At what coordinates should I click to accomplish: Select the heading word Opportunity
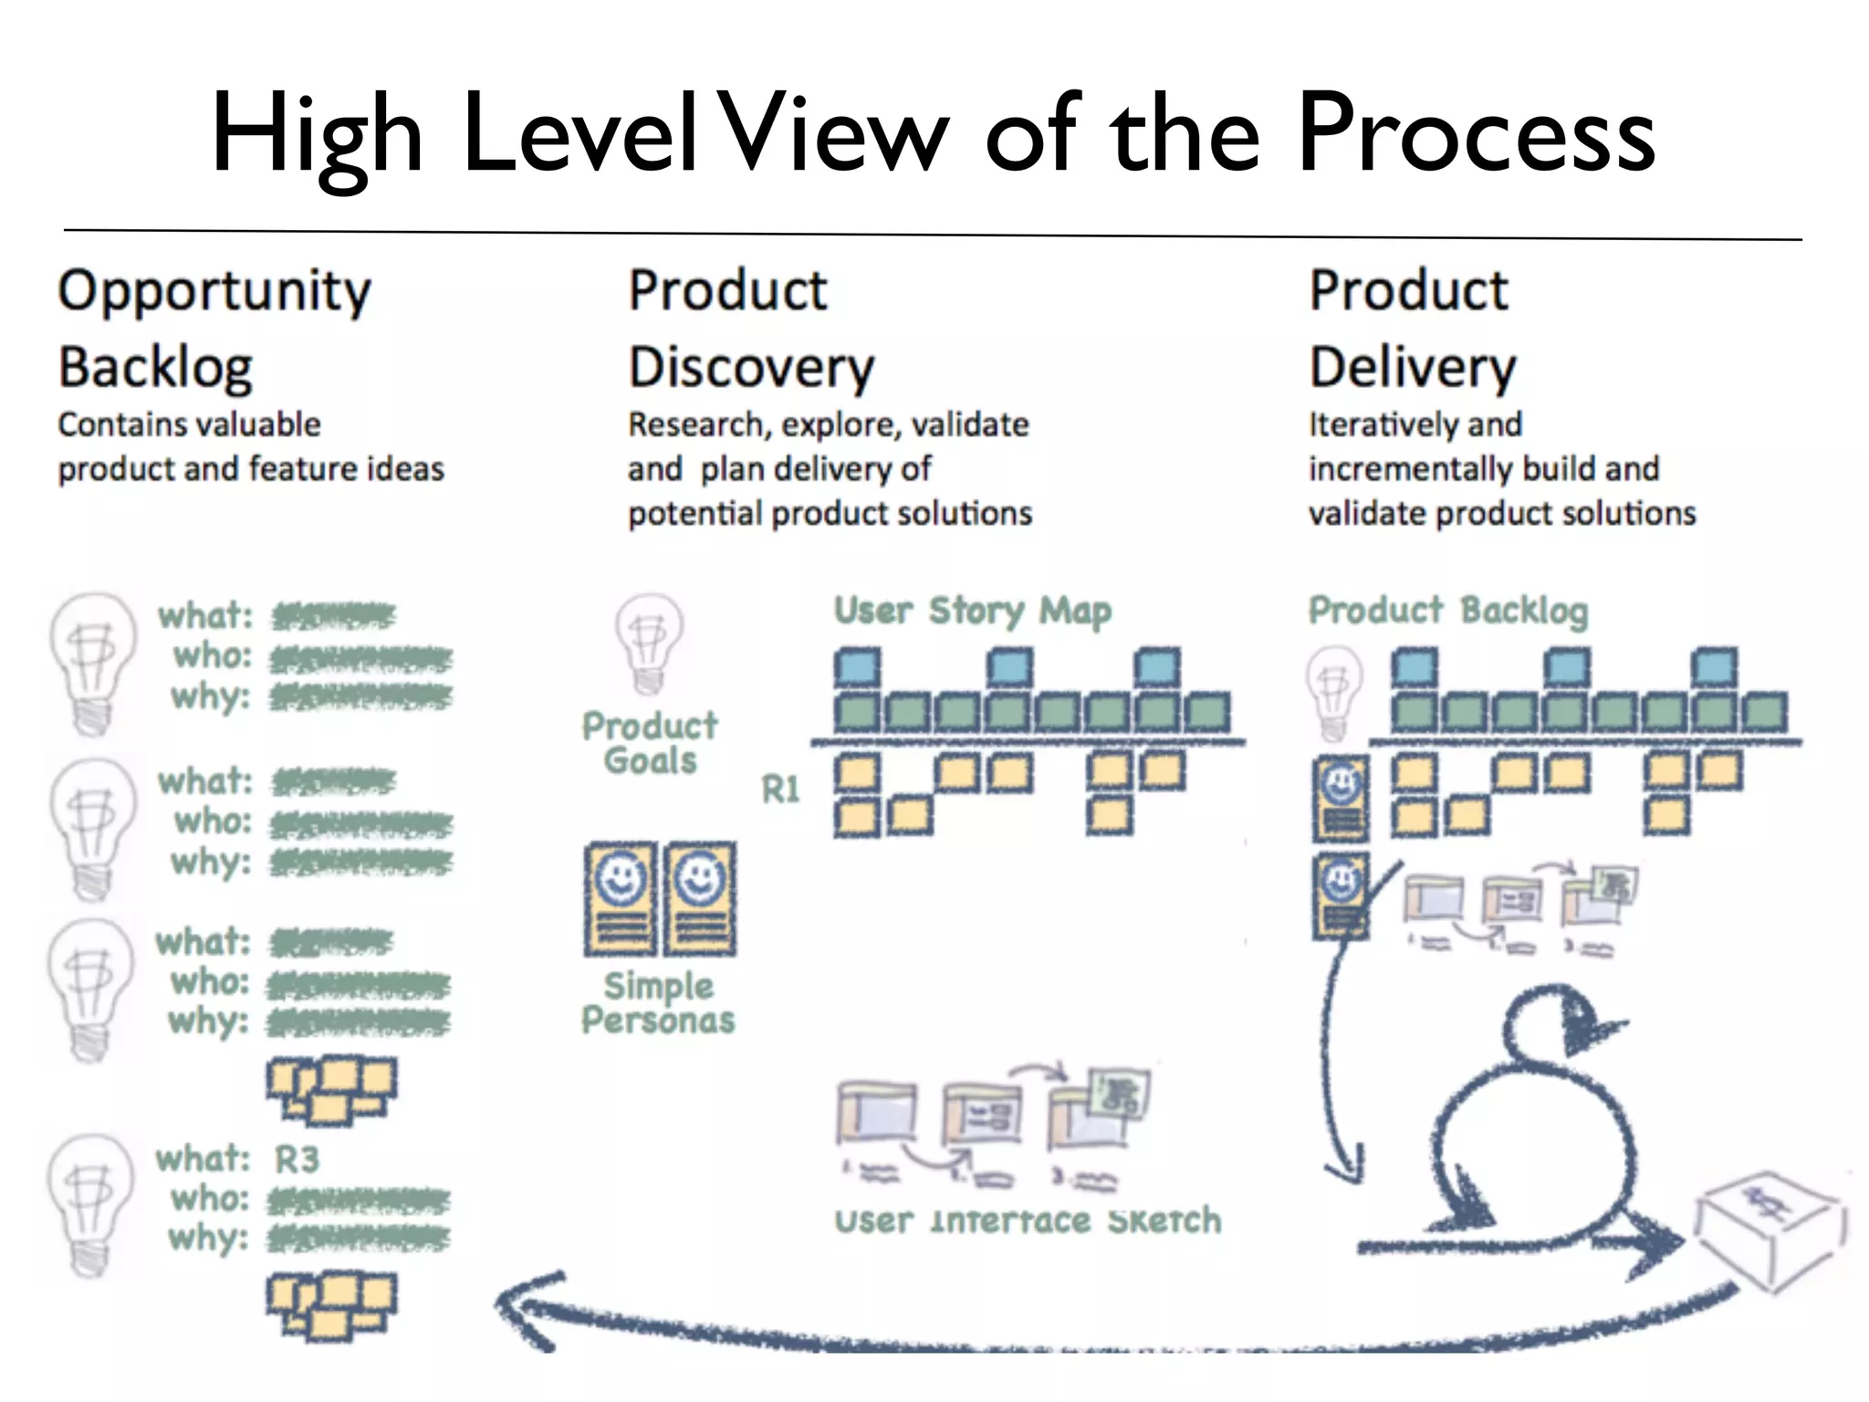(x=214, y=292)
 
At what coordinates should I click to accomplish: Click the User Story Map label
(x=973, y=611)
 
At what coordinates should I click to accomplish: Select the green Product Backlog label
(x=1448, y=611)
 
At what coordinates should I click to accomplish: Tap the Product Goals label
(x=650, y=743)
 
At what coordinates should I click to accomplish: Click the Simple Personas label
(x=658, y=1002)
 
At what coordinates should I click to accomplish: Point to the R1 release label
(x=781, y=790)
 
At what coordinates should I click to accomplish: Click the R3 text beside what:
(x=297, y=1159)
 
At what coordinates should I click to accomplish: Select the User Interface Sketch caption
(x=1028, y=1220)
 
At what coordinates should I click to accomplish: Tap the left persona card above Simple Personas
(x=621, y=898)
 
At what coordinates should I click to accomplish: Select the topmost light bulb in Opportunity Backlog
(x=91, y=662)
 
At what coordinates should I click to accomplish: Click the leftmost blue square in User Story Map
(x=858, y=666)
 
